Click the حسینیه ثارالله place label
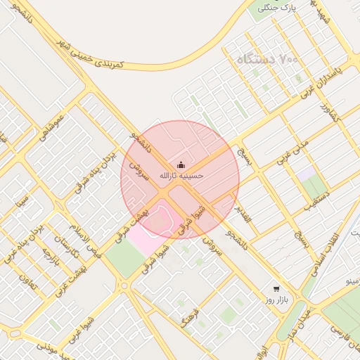point(181,175)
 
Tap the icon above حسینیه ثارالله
point(181,165)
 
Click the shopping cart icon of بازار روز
point(276,289)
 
